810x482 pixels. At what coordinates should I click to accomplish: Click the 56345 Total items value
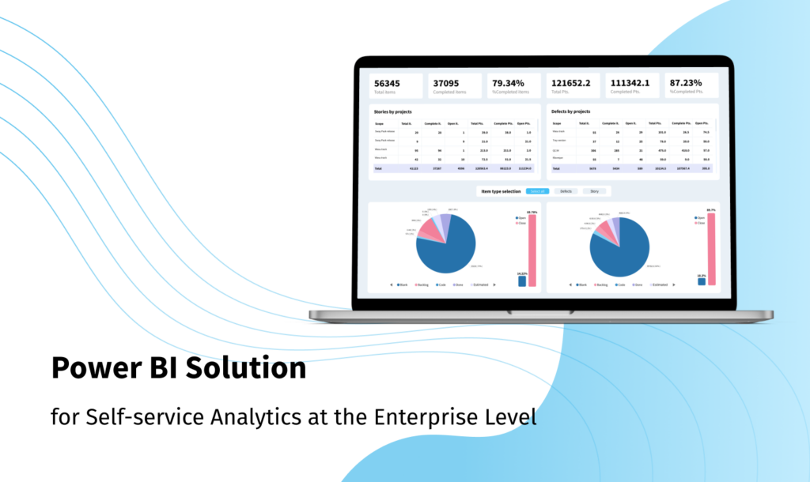[x=388, y=83]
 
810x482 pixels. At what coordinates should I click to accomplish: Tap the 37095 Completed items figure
[x=447, y=83]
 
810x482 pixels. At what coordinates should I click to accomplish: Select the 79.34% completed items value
[x=509, y=83]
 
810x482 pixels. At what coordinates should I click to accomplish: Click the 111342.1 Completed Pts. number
[x=634, y=83]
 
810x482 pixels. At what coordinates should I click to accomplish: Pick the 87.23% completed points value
[x=687, y=83]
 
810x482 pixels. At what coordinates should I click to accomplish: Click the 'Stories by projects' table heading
[x=393, y=111]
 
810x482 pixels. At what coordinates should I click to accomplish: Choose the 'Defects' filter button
[x=566, y=191]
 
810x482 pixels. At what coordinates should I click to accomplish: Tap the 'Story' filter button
[x=593, y=191]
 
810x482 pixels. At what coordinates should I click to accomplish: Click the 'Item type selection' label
[x=500, y=191]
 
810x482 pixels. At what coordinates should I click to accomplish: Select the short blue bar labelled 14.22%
[x=521, y=281]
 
